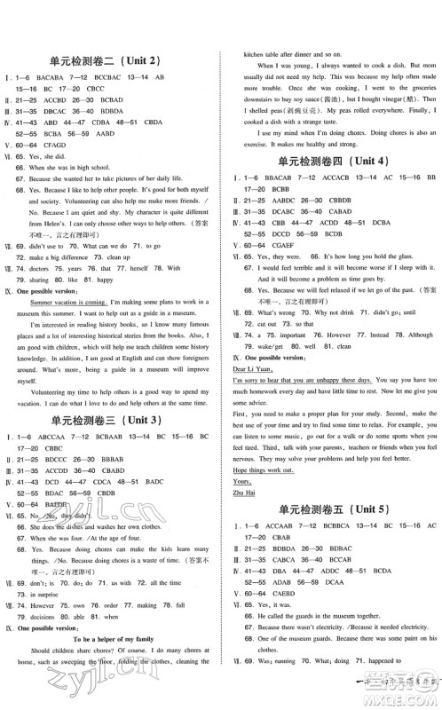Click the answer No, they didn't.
(x=54, y=515)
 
